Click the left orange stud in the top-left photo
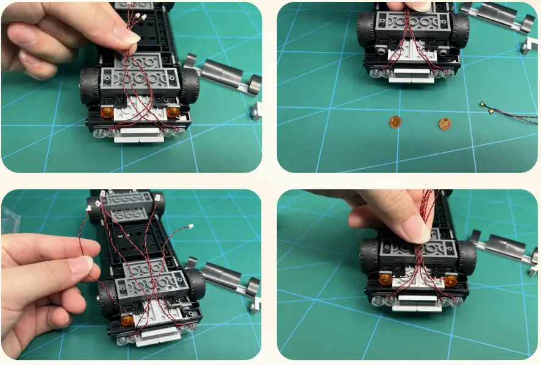(x=106, y=112)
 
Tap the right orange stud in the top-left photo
(x=173, y=112)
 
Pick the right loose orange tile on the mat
(x=445, y=124)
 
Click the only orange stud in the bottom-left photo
(x=127, y=320)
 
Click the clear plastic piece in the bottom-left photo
(x=8, y=214)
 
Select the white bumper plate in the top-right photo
(x=412, y=79)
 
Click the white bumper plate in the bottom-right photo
(x=417, y=306)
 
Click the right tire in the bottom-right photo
(x=467, y=256)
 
